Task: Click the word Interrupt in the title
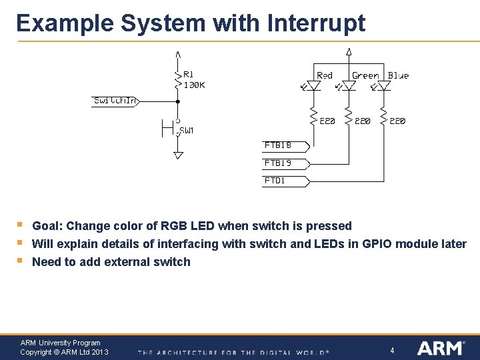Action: (x=316, y=23)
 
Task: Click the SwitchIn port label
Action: (x=115, y=101)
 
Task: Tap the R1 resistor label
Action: (x=189, y=75)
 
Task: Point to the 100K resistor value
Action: (x=194, y=85)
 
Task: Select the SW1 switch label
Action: (x=187, y=131)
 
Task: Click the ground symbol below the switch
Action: (x=178, y=155)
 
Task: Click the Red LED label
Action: (x=325, y=75)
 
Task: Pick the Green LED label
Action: (x=365, y=75)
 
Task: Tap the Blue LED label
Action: (x=398, y=75)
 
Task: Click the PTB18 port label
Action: (x=278, y=145)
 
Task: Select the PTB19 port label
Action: (x=278, y=163)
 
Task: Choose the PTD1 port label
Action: (x=275, y=180)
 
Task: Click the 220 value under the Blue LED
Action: (x=397, y=121)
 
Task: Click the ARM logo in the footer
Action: (x=441, y=348)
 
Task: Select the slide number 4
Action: (x=393, y=350)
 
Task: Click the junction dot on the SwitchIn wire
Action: (x=178, y=101)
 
